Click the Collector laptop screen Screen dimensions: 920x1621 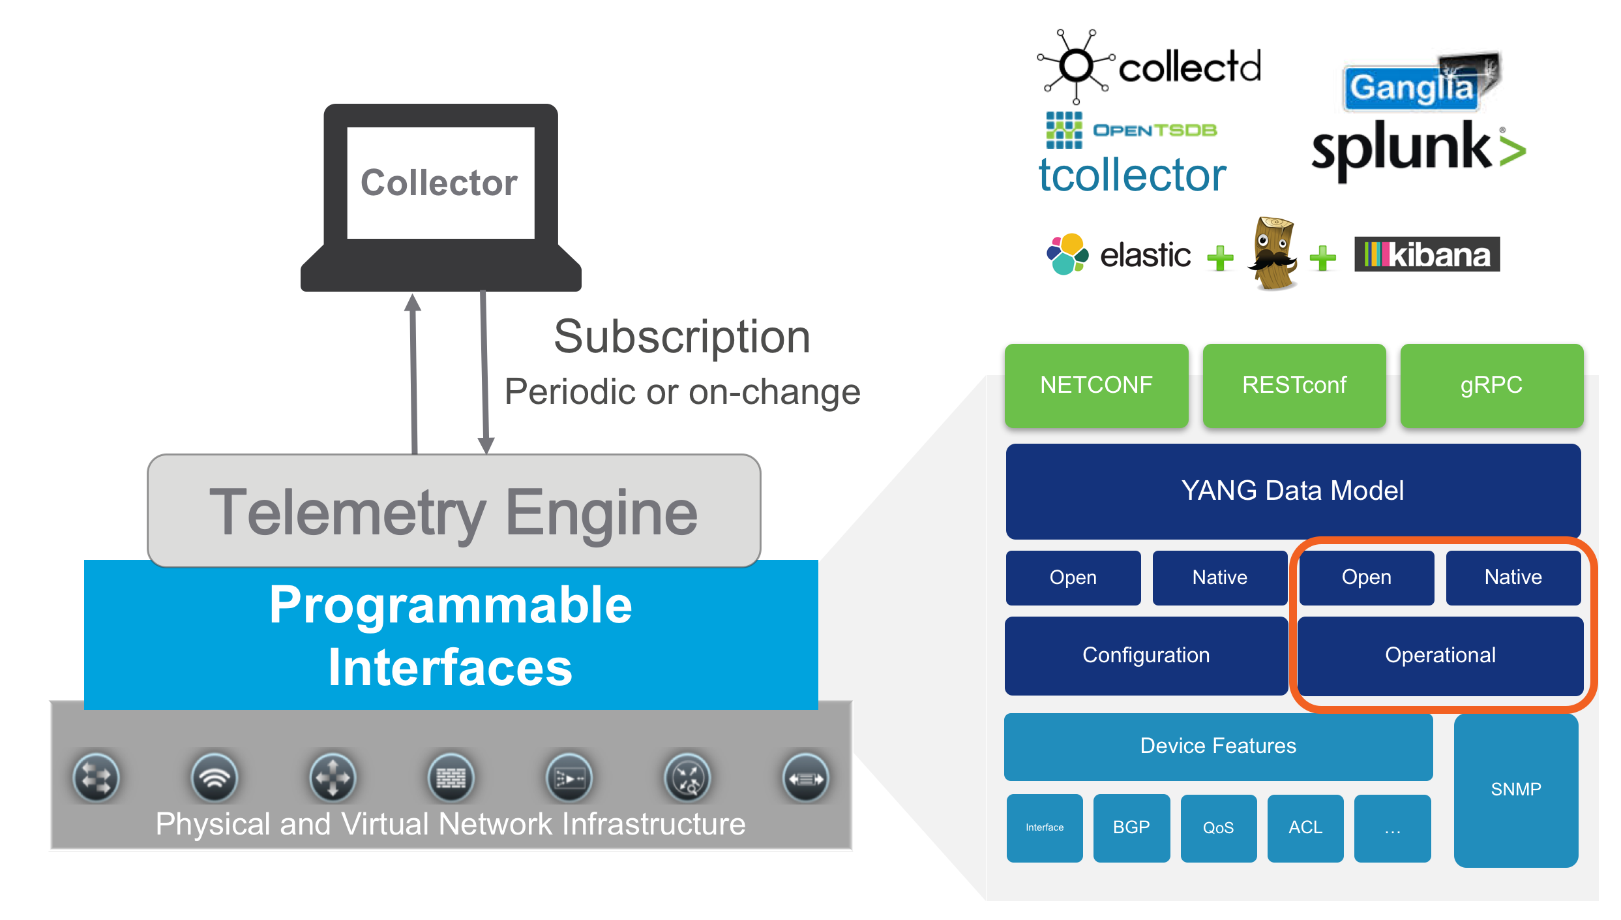[440, 183]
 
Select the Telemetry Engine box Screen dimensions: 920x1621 [454, 511]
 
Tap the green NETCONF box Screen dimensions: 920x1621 [1096, 385]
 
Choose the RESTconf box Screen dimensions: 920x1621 [1294, 385]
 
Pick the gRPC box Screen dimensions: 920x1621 [1491, 385]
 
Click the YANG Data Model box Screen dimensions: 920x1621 [1292, 491]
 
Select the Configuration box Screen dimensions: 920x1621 [1146, 655]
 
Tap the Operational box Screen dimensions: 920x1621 [1440, 655]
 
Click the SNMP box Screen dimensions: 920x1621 [1515, 790]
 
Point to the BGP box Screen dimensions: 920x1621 [1131, 827]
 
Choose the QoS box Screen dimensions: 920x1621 [1218, 827]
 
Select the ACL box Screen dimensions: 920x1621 [1305, 827]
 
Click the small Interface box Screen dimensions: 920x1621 [1045, 827]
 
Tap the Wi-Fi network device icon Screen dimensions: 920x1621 [214, 777]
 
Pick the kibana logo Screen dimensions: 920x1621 [1427, 254]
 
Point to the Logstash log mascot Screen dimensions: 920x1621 [1272, 254]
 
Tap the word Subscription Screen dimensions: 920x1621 [681, 337]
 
